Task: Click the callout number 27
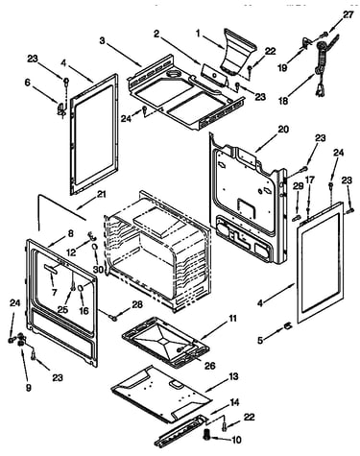348,15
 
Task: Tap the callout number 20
282,130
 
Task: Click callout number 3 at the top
102,40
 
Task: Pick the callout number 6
27,83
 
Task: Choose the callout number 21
101,194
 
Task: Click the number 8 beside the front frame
70,233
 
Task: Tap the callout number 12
71,252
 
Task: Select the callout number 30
98,269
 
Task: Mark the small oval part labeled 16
81,288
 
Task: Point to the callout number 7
54,292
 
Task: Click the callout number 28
137,304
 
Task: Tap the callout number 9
29,388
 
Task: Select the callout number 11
232,319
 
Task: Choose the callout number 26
210,366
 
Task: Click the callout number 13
233,376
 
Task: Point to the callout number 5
260,340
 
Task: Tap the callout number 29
298,186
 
